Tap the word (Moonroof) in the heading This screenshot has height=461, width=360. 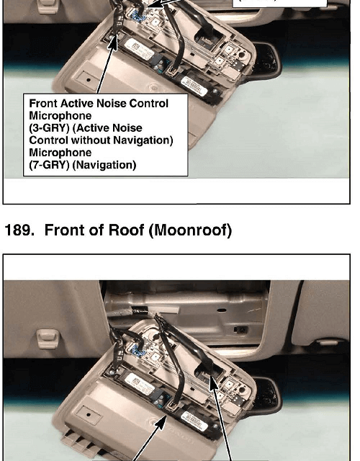[x=190, y=230]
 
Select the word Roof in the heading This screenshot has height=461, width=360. [x=127, y=230]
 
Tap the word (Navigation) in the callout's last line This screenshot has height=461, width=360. [x=104, y=165]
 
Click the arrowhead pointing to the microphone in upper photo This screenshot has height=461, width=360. [x=113, y=42]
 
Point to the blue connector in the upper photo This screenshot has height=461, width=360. [x=138, y=15]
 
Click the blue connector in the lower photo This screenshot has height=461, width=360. [x=137, y=349]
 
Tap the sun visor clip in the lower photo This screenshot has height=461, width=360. [x=46, y=339]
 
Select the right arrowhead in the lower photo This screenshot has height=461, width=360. [x=213, y=382]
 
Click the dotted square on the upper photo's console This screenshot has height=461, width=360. [x=88, y=79]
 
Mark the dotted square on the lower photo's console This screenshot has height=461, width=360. [x=89, y=415]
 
